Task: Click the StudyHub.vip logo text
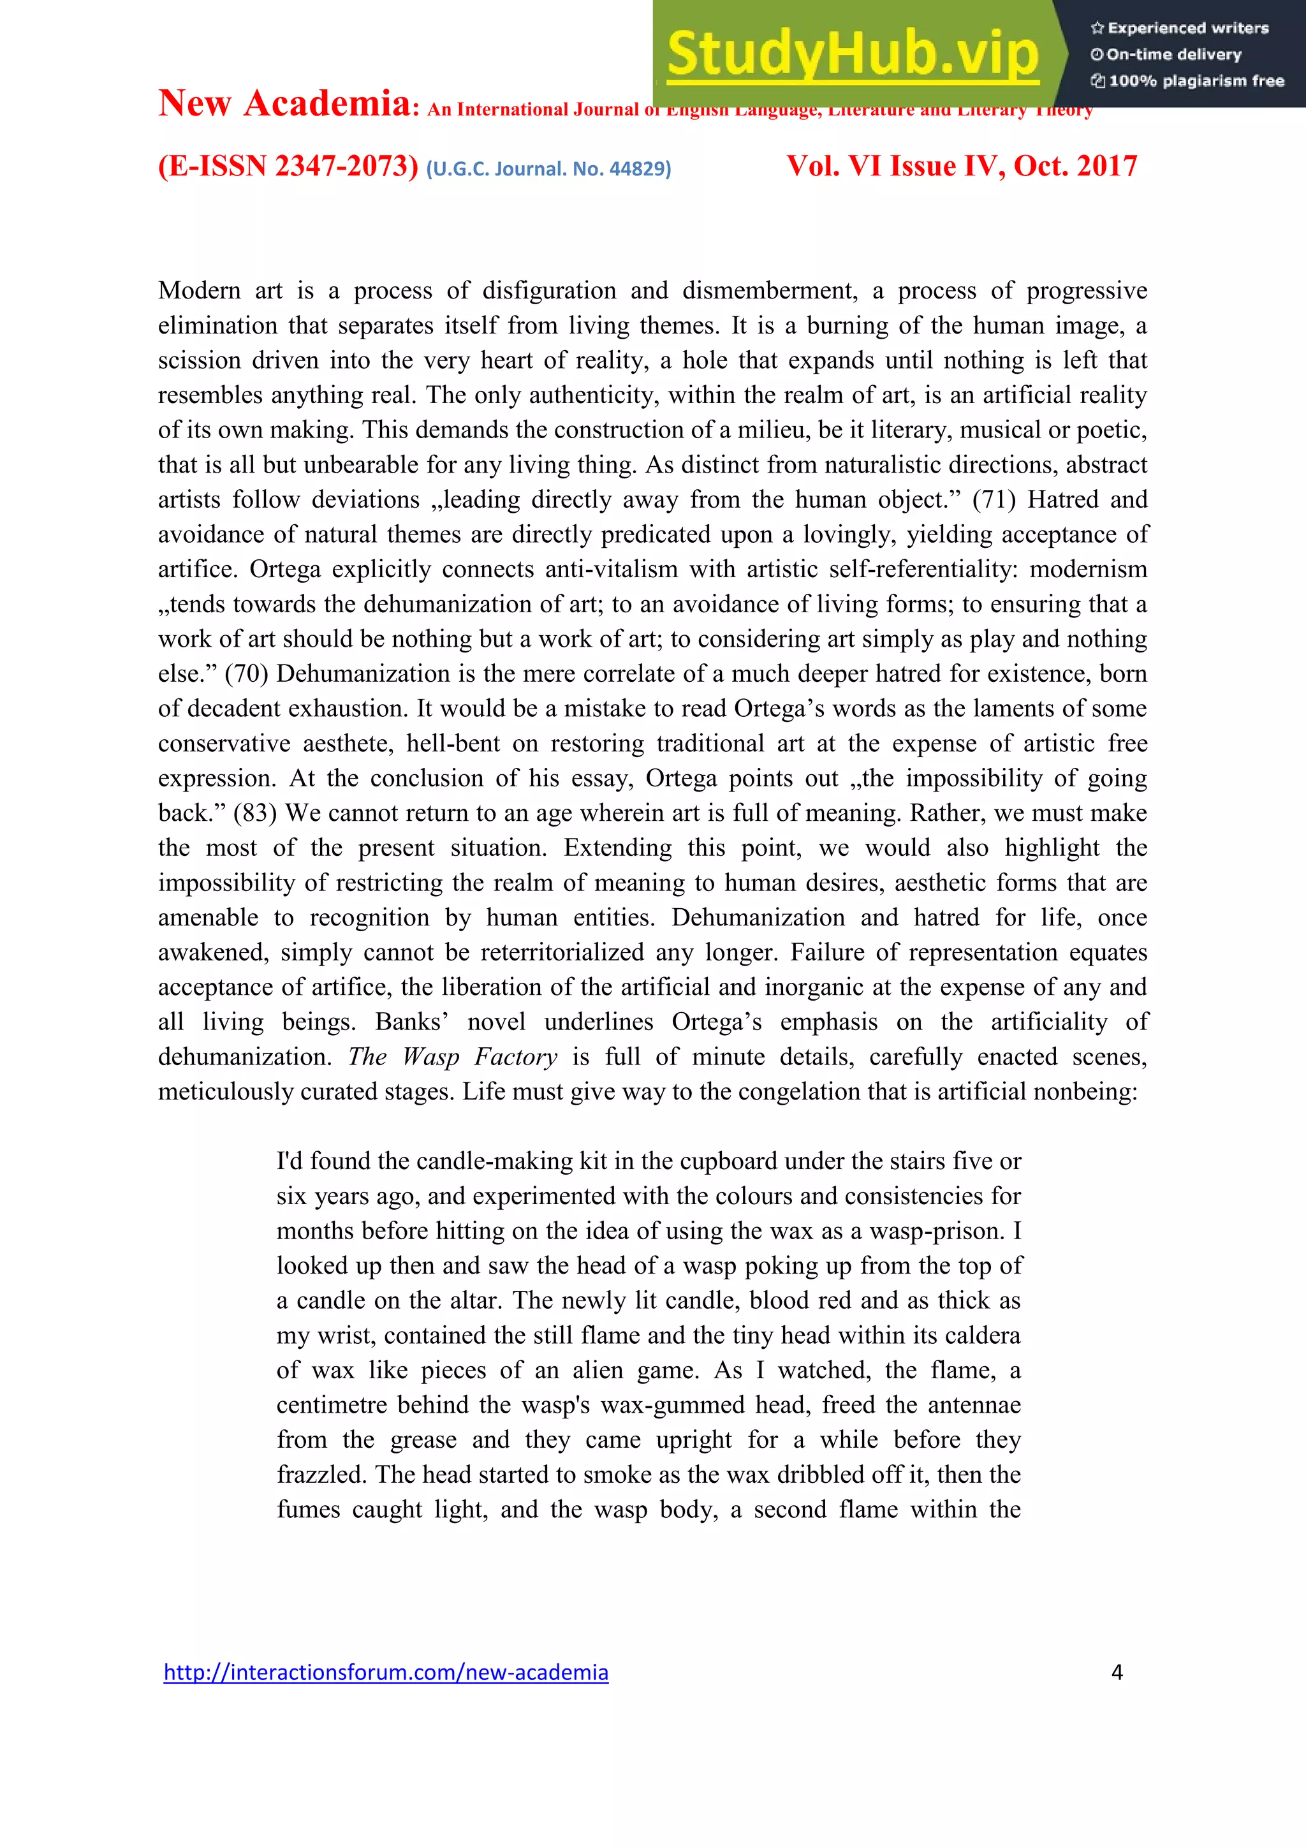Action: point(853,54)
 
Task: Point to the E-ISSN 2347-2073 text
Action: point(288,166)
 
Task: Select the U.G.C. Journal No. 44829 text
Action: point(548,169)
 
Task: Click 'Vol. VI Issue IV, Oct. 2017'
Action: point(961,166)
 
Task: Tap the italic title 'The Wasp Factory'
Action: point(453,1057)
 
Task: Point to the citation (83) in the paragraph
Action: point(255,813)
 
